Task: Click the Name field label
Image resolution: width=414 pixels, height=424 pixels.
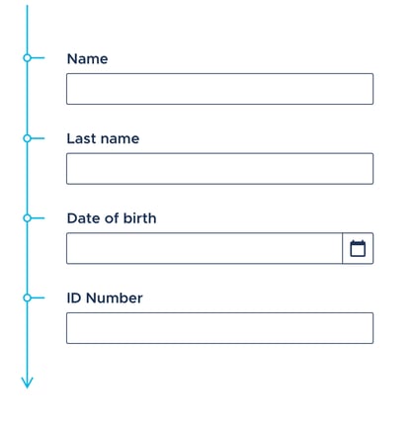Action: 87,59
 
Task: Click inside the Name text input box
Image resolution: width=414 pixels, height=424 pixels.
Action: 219,89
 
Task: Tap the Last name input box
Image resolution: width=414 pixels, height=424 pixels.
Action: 219,169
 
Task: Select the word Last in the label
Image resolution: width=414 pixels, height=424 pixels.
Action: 81,138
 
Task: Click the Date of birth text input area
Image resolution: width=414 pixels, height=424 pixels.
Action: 205,248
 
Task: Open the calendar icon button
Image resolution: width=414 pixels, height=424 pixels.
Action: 358,248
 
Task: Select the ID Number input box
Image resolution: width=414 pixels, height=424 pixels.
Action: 219,328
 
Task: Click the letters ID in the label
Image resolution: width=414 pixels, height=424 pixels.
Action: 74,298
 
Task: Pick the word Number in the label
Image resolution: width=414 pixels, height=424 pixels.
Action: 115,298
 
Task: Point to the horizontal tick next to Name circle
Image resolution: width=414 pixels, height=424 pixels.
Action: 38,58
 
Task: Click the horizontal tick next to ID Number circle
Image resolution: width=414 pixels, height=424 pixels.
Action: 38,297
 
